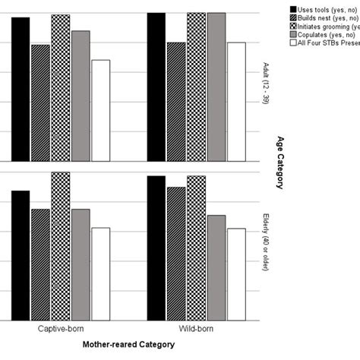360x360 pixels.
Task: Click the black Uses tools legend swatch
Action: pyautogui.click(x=293, y=9)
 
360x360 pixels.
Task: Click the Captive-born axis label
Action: pyautogui.click(x=61, y=330)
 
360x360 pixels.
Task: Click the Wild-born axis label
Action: pyautogui.click(x=196, y=330)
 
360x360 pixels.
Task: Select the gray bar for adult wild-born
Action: pyautogui.click(x=216, y=87)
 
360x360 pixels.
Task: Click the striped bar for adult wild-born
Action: pyautogui.click(x=176, y=102)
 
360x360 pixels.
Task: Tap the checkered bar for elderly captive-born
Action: pyautogui.click(x=61, y=246)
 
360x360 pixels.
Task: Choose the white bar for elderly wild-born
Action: pyautogui.click(x=236, y=274)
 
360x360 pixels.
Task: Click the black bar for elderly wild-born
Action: pyautogui.click(x=156, y=248)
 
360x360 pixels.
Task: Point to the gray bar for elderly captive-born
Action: pyautogui.click(x=81, y=264)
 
